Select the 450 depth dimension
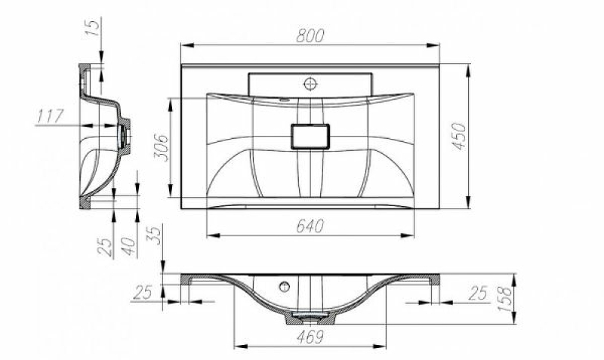(459, 136)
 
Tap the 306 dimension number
(160, 149)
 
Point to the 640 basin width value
(309, 225)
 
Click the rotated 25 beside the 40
(108, 246)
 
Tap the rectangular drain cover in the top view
(309, 137)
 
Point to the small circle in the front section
(285, 286)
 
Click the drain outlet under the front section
(308, 315)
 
